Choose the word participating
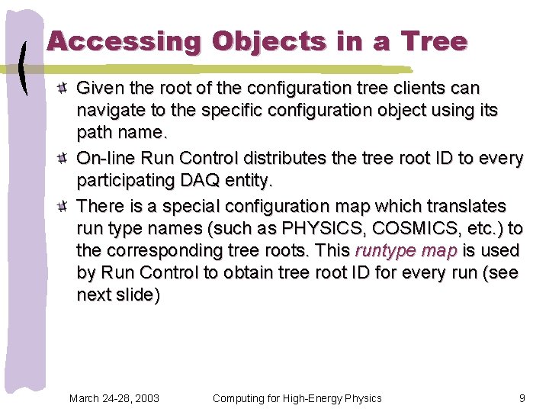click(x=125, y=182)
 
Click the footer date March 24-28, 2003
click(x=114, y=398)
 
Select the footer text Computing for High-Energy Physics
click(x=297, y=398)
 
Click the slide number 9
click(x=522, y=398)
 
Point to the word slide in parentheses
click(x=134, y=295)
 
